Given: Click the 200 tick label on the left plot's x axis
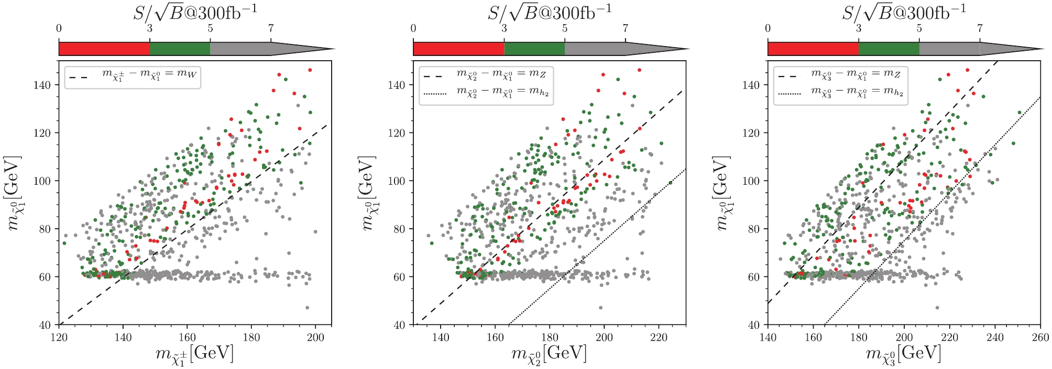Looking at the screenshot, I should click(315, 338).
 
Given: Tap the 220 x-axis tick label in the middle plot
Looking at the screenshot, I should click(658, 338).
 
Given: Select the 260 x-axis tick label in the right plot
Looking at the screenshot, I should click(1040, 338).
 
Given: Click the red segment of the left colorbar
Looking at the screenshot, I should click(104, 49).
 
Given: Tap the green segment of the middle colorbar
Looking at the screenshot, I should click(534, 49).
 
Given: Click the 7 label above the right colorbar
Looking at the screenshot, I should click(980, 28).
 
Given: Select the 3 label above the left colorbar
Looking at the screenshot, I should click(150, 28).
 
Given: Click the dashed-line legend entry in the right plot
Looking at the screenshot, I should click(840, 75).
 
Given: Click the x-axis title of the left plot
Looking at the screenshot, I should click(194, 354).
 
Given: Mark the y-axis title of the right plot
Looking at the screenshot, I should click(721, 193).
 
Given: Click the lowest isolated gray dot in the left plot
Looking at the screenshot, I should click(307, 308).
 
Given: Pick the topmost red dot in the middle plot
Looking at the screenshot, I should click(639, 70).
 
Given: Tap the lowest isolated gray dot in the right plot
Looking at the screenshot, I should click(937, 308).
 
